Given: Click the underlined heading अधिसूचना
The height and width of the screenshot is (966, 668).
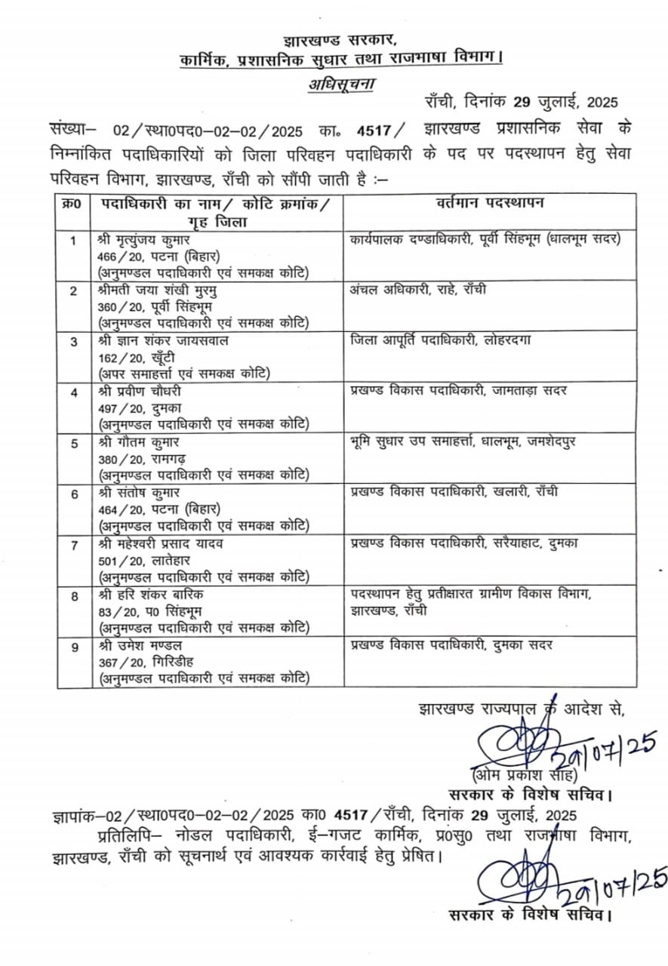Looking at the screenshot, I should click(x=340, y=83).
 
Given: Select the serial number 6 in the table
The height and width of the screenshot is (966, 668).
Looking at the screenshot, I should click(x=74, y=493).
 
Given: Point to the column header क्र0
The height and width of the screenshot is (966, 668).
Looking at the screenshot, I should click(x=73, y=204).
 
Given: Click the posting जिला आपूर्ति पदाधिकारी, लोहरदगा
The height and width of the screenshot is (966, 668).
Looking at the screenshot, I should click(x=442, y=340).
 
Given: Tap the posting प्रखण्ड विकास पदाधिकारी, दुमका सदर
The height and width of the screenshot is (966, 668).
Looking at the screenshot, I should click(x=451, y=645).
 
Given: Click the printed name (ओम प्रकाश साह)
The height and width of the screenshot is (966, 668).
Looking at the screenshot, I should click(x=525, y=776).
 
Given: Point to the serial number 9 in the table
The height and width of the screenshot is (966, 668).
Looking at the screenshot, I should click(x=74, y=645).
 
